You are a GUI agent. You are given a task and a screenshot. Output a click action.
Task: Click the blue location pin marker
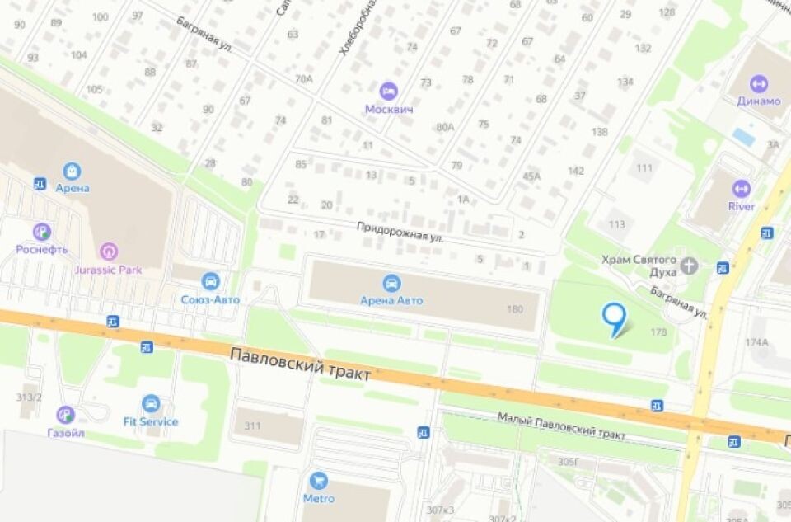[614, 317]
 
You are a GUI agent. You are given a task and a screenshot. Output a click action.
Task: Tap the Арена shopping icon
[73, 171]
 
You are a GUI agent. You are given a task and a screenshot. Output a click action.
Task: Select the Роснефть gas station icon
[42, 232]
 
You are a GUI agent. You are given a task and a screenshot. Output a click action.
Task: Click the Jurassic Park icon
[108, 252]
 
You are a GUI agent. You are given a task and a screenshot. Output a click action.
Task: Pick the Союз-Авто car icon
[211, 281]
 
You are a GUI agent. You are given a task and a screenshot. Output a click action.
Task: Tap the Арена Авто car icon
[391, 283]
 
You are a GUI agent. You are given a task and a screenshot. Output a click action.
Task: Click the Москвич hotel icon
[388, 91]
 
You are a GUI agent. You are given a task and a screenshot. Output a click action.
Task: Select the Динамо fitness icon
[758, 83]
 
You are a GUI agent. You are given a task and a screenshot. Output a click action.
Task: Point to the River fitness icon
[742, 188]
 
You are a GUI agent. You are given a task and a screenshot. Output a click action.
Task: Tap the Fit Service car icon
[151, 403]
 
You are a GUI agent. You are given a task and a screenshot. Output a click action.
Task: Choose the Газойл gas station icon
[65, 415]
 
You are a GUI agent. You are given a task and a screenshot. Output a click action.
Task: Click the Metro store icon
[318, 480]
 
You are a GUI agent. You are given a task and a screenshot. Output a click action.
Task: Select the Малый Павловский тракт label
[561, 426]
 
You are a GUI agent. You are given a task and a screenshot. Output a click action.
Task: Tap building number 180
[515, 309]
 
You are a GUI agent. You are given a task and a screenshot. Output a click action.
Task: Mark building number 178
[658, 332]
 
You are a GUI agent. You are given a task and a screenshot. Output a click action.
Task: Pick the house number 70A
[304, 79]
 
